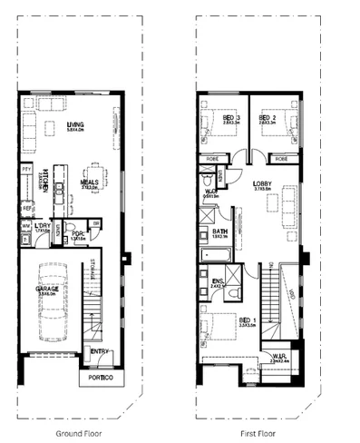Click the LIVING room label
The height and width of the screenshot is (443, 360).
(76, 124)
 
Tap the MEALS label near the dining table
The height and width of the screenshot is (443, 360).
(90, 182)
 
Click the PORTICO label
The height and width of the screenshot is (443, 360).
(99, 377)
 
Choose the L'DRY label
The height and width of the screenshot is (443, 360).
(43, 226)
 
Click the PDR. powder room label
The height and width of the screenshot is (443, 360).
(79, 231)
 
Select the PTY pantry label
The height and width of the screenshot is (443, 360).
(27, 169)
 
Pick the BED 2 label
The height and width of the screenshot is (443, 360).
(268, 119)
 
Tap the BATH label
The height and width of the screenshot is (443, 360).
(220, 231)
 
